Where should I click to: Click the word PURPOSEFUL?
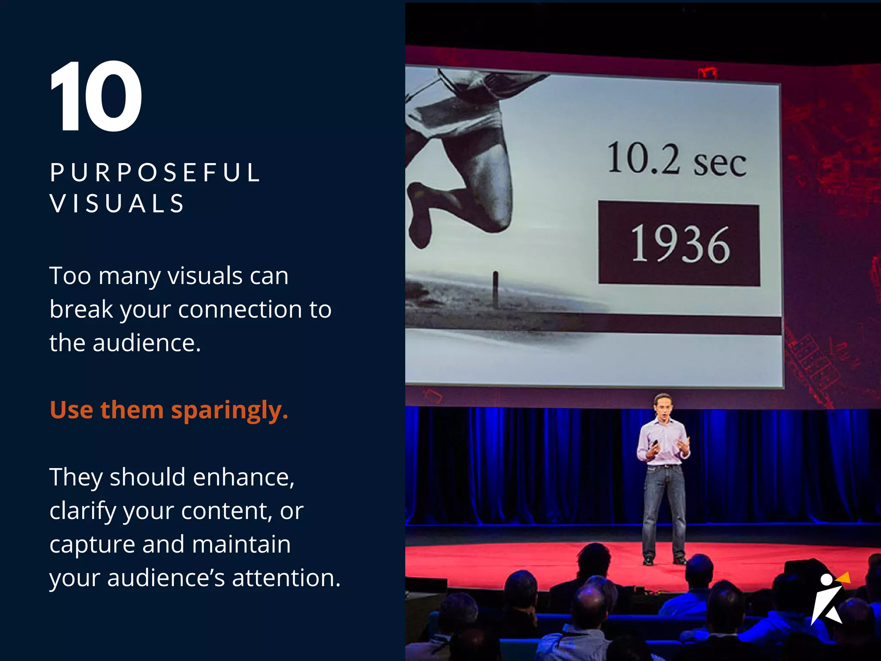pos(155,173)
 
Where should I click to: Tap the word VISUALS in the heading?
pos(117,204)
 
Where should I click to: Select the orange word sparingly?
pos(229,410)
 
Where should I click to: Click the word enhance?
pos(243,477)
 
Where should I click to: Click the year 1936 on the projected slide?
pos(680,244)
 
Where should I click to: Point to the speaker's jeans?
pos(664,508)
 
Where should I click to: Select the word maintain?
pos(241,544)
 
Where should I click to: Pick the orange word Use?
pos(71,410)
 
